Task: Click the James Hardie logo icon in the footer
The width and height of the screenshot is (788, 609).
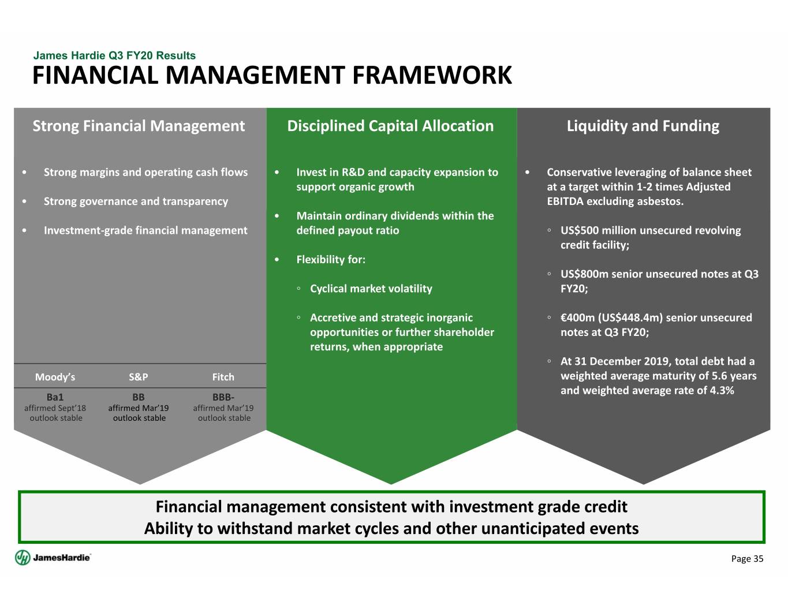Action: (x=23, y=558)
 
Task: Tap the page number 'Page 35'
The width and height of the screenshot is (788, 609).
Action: (x=747, y=559)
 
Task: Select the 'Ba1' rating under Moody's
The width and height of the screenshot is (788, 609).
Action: (x=55, y=397)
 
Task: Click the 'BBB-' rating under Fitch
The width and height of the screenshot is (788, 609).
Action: (x=223, y=397)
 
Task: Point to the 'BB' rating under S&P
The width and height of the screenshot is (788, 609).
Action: (x=139, y=397)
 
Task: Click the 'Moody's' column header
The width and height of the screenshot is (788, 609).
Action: (x=55, y=377)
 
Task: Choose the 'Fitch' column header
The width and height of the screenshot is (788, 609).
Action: (x=223, y=377)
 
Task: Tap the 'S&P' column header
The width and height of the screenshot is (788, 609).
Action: (x=139, y=377)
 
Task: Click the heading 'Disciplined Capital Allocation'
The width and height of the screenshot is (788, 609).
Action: (x=391, y=126)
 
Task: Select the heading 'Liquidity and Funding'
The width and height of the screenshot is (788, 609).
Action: (x=643, y=126)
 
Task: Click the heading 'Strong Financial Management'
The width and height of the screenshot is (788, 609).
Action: (x=139, y=126)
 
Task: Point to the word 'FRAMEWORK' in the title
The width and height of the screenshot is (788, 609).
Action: (x=432, y=76)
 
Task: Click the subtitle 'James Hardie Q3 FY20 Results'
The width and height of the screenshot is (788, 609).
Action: (x=114, y=55)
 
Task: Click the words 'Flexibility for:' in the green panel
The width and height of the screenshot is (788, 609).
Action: (x=331, y=260)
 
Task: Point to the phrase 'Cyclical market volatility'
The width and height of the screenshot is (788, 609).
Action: (x=371, y=289)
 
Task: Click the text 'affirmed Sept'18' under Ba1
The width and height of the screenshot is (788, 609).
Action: (x=55, y=408)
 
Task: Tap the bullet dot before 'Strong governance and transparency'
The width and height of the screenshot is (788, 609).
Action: (x=24, y=201)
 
